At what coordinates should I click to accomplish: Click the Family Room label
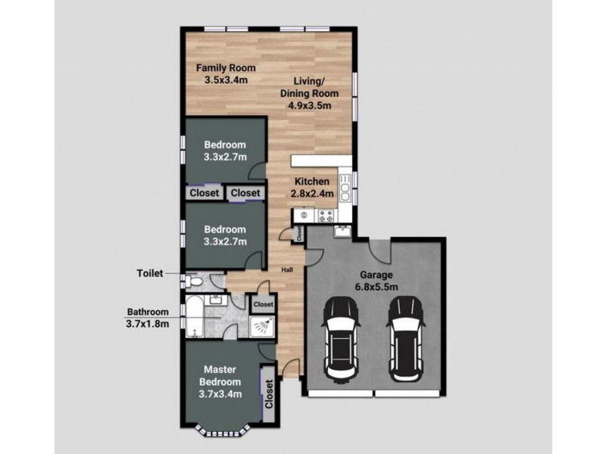[226, 68]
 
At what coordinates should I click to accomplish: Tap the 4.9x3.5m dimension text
[309, 105]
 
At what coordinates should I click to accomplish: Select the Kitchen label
[312, 182]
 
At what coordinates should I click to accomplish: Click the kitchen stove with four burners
[326, 216]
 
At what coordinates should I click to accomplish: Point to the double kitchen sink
[345, 188]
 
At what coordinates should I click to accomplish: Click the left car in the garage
[340, 340]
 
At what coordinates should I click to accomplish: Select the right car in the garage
[405, 339]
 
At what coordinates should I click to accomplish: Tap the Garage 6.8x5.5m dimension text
[376, 287]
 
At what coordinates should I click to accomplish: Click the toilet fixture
[193, 281]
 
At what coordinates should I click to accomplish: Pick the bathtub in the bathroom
[194, 316]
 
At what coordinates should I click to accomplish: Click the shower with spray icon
[262, 327]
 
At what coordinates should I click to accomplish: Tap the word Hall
[287, 270]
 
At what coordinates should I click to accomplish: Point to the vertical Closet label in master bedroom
[269, 393]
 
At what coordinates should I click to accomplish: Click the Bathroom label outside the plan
[148, 312]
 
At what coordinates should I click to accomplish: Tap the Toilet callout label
[150, 273]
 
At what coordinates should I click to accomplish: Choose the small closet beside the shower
[263, 304]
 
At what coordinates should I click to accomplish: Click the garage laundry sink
[343, 232]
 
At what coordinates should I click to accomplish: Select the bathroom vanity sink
[216, 300]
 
